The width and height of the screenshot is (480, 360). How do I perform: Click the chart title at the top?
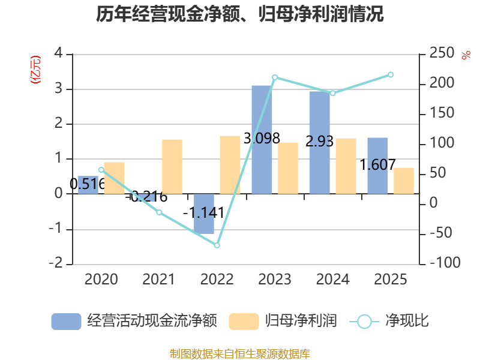click(x=239, y=14)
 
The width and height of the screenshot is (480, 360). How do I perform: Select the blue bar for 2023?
click(x=262, y=140)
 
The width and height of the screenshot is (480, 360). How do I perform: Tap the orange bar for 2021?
click(x=172, y=167)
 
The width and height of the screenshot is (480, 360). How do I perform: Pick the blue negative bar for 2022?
click(x=204, y=214)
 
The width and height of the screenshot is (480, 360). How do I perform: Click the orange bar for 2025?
click(x=404, y=181)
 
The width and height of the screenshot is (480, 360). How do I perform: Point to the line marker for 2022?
click(x=217, y=245)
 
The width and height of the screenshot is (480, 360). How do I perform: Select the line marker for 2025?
click(x=391, y=74)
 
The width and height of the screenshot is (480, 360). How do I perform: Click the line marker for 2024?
click(x=333, y=93)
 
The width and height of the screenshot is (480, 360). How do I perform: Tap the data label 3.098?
click(x=262, y=139)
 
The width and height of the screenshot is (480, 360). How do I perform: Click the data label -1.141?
click(x=203, y=213)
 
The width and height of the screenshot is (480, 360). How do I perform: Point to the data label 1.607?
click(x=377, y=164)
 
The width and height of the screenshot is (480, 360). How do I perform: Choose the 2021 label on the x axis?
click(x=158, y=279)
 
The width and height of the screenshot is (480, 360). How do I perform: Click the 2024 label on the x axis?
click(x=333, y=279)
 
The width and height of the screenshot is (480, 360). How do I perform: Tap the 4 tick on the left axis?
click(x=58, y=53)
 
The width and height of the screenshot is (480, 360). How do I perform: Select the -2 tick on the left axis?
click(x=56, y=263)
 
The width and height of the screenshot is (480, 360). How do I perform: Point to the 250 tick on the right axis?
click(x=442, y=53)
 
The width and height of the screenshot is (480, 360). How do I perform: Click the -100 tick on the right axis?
click(x=445, y=263)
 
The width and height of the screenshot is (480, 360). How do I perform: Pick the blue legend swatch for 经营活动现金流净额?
click(x=66, y=322)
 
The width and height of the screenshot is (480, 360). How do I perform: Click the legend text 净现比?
click(x=407, y=321)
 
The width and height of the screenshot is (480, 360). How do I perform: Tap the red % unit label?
click(x=466, y=55)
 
